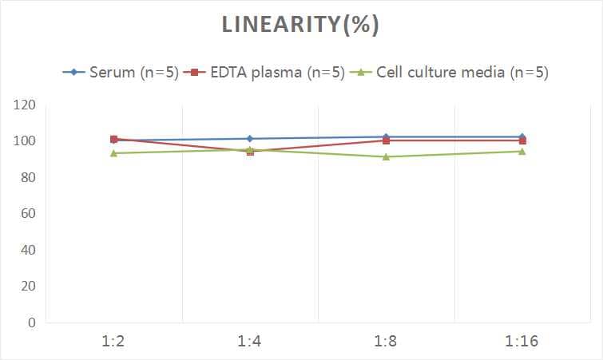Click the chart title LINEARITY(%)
[x=300, y=25]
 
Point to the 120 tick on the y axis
[x=25, y=105]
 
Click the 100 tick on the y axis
[x=25, y=141]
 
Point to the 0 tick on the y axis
[x=31, y=322]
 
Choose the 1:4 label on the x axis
[x=250, y=342]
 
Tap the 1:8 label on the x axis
[x=386, y=342]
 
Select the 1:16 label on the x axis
[x=522, y=342]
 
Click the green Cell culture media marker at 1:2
[x=114, y=153]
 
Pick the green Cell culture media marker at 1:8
[x=386, y=156]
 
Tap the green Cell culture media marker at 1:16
[x=522, y=151]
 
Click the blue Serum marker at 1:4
[x=250, y=139]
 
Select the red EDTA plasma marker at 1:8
[x=386, y=140]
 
